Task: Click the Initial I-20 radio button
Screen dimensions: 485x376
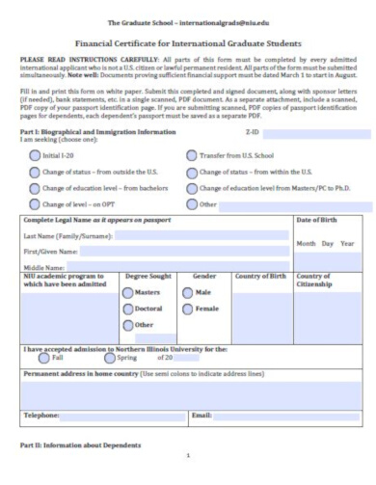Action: (35, 155)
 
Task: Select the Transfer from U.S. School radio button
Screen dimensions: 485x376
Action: (191, 155)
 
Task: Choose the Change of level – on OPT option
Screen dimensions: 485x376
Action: (35, 204)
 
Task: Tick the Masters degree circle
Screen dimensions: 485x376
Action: (128, 292)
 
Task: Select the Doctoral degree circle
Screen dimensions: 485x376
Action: (128, 309)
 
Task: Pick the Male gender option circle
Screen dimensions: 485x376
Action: (188, 292)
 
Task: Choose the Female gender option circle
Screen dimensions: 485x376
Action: (188, 309)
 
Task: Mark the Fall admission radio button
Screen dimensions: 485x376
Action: (43, 357)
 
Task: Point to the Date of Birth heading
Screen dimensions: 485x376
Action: (317, 221)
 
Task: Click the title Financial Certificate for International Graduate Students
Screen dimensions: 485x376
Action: (188, 43)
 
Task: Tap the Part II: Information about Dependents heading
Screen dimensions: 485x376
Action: (80, 445)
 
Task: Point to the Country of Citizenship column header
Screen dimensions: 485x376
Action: (316, 280)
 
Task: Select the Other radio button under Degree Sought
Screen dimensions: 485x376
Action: (128, 325)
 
